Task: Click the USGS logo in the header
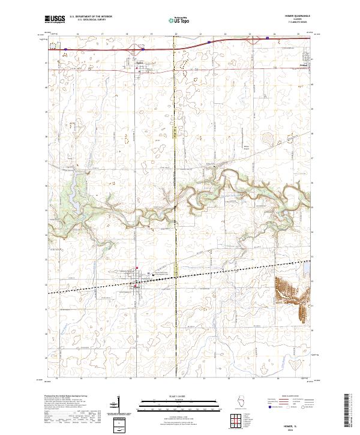[x=55, y=20]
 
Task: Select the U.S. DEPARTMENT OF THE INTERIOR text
[x=91, y=17]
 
